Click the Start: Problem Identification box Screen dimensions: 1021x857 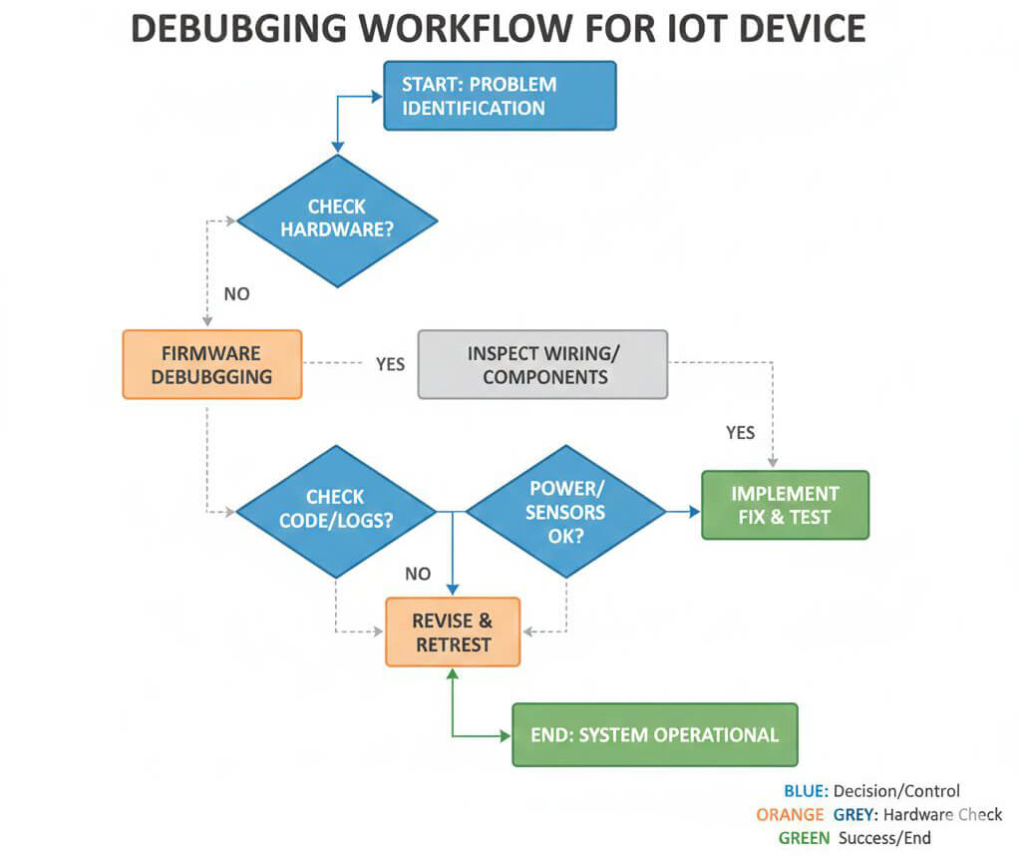(500, 96)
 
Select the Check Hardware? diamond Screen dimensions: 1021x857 (337, 220)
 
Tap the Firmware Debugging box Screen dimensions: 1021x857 (212, 364)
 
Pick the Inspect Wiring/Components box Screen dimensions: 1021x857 (542, 364)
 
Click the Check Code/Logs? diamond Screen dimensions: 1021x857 (336, 512)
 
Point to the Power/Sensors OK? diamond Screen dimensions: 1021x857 (566, 512)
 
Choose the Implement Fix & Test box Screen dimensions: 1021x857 (786, 505)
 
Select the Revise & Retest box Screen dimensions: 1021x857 (454, 633)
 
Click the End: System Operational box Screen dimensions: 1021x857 (655, 734)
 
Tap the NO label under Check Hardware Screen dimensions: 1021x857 (237, 294)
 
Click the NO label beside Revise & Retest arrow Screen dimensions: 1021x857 (418, 574)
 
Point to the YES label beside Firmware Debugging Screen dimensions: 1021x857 (390, 364)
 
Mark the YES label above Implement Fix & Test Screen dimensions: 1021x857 (741, 433)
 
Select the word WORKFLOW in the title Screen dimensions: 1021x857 (467, 29)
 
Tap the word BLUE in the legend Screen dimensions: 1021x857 (806, 791)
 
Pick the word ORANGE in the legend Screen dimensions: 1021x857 (790, 815)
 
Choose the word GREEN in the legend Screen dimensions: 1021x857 (805, 838)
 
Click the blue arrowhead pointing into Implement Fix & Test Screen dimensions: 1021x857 (695, 512)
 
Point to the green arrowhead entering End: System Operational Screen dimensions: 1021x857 (506, 735)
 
